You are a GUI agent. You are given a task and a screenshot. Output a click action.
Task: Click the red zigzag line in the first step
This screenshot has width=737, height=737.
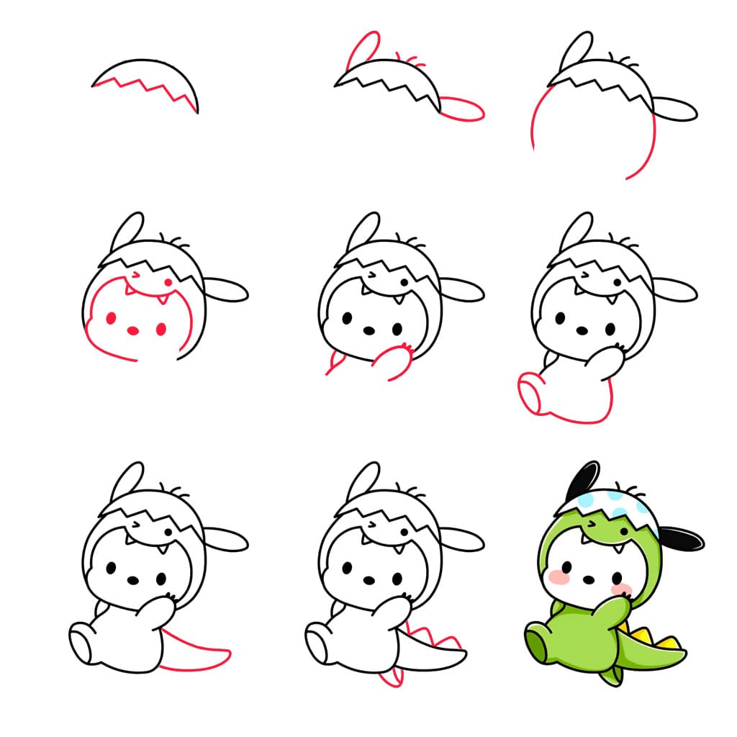click(x=144, y=89)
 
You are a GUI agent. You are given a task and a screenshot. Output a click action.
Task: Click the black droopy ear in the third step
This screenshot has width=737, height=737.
click(x=675, y=109)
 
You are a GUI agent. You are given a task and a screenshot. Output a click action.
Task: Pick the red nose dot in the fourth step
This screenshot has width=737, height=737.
click(x=132, y=330)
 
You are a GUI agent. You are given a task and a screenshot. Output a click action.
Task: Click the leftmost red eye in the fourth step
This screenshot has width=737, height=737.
click(x=112, y=317)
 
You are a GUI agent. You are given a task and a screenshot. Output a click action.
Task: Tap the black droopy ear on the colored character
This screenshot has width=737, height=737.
click(x=680, y=538)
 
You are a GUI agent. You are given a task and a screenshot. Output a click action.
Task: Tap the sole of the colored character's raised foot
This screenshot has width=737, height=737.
click(x=536, y=641)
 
